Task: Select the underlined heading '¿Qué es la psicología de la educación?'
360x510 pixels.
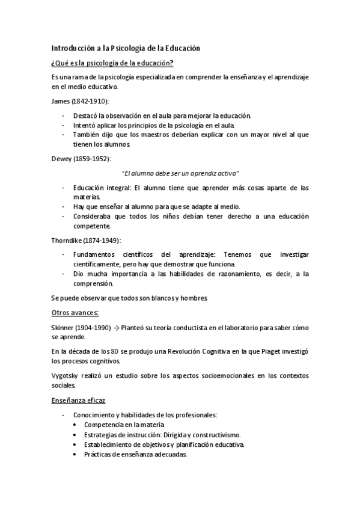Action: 112,63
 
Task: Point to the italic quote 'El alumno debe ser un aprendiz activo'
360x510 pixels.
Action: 180,173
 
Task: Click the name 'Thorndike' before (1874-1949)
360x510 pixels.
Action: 67,240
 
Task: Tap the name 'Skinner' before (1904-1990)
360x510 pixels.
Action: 63,328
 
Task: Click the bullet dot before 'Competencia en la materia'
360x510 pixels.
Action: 74,425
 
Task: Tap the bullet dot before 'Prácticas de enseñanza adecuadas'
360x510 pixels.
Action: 74,455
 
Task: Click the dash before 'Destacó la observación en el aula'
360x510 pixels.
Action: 64,115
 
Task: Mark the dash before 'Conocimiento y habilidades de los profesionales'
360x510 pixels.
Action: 64,415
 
